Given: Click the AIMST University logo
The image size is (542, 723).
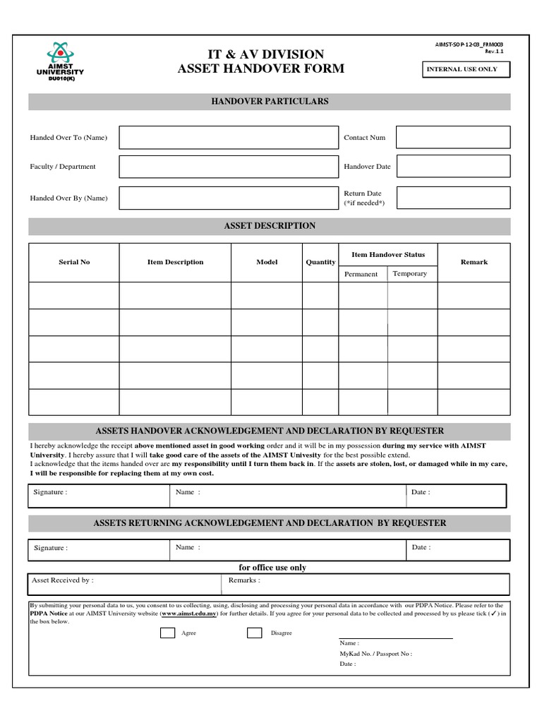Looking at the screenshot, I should point(60,61).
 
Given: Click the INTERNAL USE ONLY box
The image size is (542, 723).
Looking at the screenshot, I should point(465,69).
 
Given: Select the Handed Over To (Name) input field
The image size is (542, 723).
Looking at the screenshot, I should point(229,138).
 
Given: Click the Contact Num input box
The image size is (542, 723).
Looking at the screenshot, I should point(452,138).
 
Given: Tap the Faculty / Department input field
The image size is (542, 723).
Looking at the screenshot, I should point(229,167).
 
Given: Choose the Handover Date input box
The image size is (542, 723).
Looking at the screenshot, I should point(452,167).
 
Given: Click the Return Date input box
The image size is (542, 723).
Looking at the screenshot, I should point(452,198).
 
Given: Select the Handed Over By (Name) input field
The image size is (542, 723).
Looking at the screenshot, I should point(229,198).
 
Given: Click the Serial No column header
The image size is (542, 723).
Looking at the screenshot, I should point(74,262).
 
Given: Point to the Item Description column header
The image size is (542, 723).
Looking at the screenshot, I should point(175,262).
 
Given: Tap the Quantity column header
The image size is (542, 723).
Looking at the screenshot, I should point(320,262).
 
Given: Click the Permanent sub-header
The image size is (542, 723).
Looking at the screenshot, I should point(361,274).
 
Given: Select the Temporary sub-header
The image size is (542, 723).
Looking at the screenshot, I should point(410,273).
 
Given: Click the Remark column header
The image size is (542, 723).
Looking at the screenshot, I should point(474,262).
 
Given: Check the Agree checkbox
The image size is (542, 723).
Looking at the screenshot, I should point(167,633).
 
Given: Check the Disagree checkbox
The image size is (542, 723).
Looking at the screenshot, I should point(254,633).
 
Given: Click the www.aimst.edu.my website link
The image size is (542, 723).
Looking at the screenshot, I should point(188,614).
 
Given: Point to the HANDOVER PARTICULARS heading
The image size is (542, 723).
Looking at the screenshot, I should point(270,102).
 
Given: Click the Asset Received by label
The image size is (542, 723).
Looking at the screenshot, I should point(62,580).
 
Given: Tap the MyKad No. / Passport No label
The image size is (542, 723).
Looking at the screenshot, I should point(375,654).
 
